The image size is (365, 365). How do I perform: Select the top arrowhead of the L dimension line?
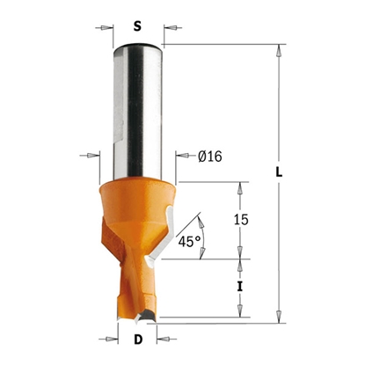pyautogui.click(x=280, y=51)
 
